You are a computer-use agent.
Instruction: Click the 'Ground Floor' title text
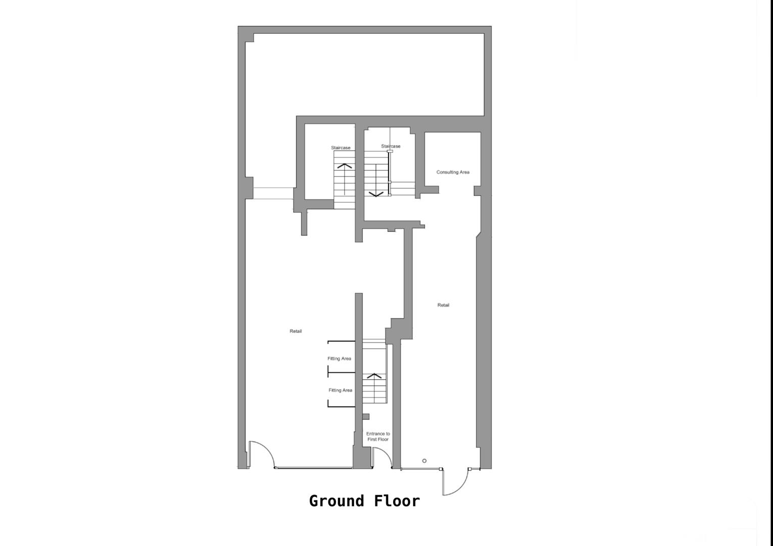click(364, 501)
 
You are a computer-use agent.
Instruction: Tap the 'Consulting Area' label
click(453, 172)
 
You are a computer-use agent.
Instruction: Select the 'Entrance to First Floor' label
click(378, 436)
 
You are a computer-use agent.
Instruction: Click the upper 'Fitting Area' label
click(339, 359)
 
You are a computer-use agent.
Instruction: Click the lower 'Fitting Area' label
click(340, 390)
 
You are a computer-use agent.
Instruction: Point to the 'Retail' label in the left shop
click(296, 331)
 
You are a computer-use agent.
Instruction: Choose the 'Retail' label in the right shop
click(443, 305)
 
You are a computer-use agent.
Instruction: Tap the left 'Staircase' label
click(341, 148)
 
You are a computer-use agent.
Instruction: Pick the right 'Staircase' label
click(391, 147)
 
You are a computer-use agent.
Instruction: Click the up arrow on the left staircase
click(345, 166)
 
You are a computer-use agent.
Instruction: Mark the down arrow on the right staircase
click(376, 194)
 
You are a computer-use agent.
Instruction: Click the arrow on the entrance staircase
click(374, 376)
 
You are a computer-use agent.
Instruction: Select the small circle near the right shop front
click(424, 461)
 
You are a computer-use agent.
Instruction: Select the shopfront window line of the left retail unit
click(313, 468)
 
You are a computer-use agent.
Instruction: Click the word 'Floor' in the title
click(397, 501)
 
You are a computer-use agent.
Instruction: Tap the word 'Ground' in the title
click(336, 501)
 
